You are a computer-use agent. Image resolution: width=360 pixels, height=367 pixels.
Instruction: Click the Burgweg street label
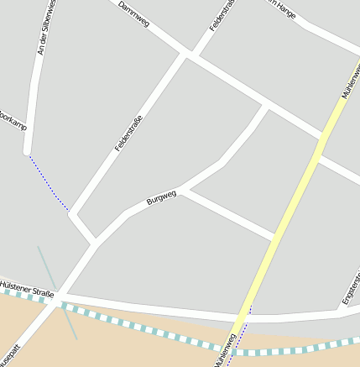(161, 198)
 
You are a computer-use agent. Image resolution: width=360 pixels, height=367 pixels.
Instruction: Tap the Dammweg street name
(133, 14)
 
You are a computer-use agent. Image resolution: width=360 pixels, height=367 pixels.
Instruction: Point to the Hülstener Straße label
(27, 290)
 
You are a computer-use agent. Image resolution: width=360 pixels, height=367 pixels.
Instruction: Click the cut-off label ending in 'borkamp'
(13, 121)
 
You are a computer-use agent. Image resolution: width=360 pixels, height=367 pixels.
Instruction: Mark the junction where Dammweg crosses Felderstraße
(190, 55)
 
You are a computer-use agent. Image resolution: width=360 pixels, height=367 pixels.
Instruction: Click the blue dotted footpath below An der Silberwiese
(48, 182)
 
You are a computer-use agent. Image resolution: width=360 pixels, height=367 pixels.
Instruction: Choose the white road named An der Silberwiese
(32, 101)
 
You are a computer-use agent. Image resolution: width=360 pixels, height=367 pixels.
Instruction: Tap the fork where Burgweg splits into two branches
(183, 189)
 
